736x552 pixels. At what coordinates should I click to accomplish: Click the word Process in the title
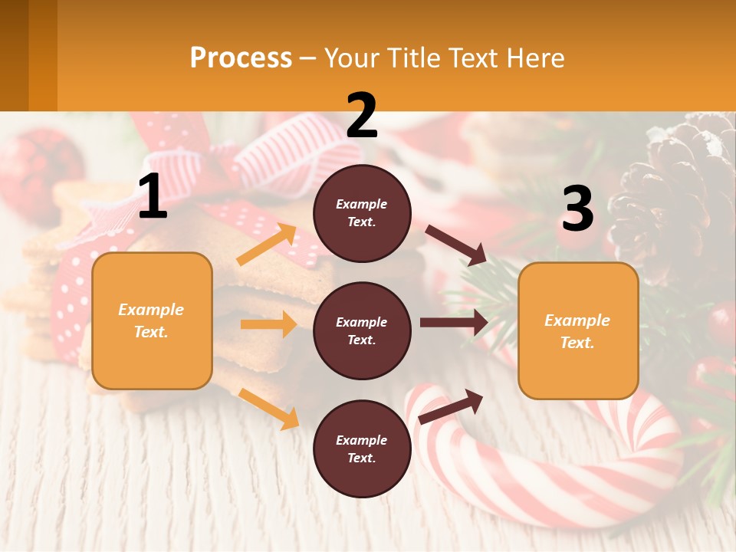[x=241, y=58]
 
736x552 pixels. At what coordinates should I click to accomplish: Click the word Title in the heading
[x=415, y=58]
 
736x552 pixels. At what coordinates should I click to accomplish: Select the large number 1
[x=153, y=198]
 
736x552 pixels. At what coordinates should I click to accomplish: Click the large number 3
[x=577, y=209]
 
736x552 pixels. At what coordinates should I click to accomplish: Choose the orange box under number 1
[x=152, y=320]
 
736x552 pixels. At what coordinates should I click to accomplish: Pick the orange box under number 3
[x=578, y=330]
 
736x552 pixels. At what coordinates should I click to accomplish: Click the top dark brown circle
[x=362, y=213]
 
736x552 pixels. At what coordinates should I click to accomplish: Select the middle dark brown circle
[x=362, y=330]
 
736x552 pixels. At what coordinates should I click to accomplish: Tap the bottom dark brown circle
[x=362, y=449]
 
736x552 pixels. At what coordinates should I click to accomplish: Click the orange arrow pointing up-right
[x=267, y=245]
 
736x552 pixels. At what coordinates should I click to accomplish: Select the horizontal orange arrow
[x=268, y=324]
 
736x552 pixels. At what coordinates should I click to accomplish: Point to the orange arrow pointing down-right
[x=268, y=408]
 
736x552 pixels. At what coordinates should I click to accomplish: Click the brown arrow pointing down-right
[x=456, y=245]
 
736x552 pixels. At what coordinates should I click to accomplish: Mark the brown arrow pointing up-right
[x=451, y=406]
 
